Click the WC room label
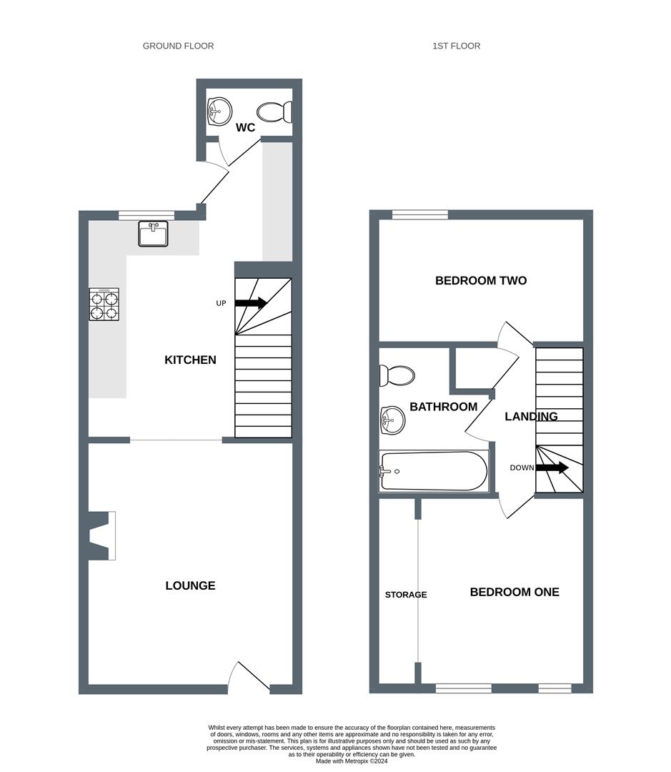pyautogui.click(x=245, y=127)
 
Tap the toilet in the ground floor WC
pyautogui.click(x=274, y=113)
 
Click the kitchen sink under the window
pyautogui.click(x=153, y=233)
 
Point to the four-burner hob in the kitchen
pyautogui.click(x=104, y=305)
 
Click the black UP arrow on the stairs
pyautogui.click(x=251, y=303)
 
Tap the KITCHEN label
pyautogui.click(x=190, y=360)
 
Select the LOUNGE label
pyautogui.click(x=190, y=585)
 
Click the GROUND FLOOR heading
pyautogui.click(x=178, y=46)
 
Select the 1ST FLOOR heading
pyautogui.click(x=457, y=46)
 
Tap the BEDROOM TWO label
pyautogui.click(x=481, y=281)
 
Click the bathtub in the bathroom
pyautogui.click(x=434, y=471)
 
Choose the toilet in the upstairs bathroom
pyautogui.click(x=397, y=376)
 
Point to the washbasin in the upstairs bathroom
pyautogui.click(x=392, y=421)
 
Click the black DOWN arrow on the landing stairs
pyautogui.click(x=552, y=467)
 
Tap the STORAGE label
pyautogui.click(x=406, y=595)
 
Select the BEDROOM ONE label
pyautogui.click(x=515, y=592)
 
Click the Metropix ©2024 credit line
pyautogui.click(x=352, y=761)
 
